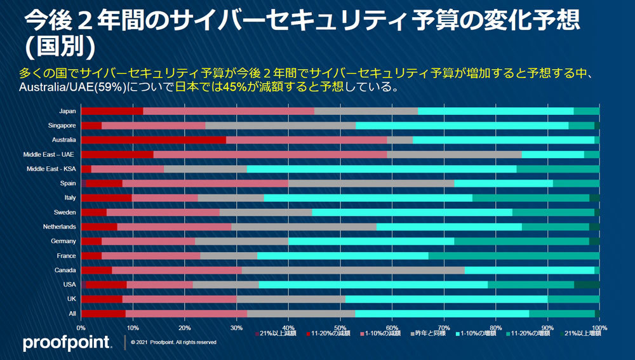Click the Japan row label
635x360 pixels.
pyautogui.click(x=67, y=111)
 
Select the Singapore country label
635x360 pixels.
pyautogui.click(x=62, y=126)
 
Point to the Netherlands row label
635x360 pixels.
pyautogui.click(x=60, y=227)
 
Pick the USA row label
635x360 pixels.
pyautogui.click(x=70, y=284)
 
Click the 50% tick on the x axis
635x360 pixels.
pyautogui.click(x=340, y=328)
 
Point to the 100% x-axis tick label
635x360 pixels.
pyautogui.click(x=599, y=328)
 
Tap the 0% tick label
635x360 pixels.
pyautogui.click(x=81, y=328)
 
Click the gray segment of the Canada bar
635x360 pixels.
pyautogui.click(x=353, y=270)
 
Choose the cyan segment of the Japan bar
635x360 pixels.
pyautogui.click(x=496, y=111)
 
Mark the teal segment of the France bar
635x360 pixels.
pyautogui.click(x=514, y=256)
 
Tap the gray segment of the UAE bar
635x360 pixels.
pyautogui.click(x=454, y=154)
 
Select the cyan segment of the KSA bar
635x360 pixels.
pyautogui.click(x=382, y=169)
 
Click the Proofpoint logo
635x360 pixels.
pyautogui.click(x=67, y=343)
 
